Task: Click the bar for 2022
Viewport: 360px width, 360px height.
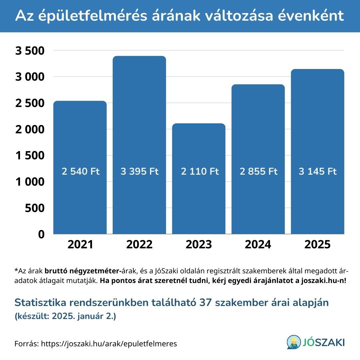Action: click(139, 133)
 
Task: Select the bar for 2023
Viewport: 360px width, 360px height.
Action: click(199, 150)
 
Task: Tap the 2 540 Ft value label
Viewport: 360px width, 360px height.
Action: click(81, 172)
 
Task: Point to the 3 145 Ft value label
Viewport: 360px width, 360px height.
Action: click(318, 172)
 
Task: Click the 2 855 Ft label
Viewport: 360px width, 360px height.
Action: click(259, 172)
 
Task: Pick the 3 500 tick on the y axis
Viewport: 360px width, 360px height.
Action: click(30, 51)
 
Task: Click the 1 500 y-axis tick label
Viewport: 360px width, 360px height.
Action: click(30, 156)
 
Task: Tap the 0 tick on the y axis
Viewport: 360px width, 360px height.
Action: click(41, 234)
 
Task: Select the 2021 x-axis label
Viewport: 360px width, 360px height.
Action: click(80, 244)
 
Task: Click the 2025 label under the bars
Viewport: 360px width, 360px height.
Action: click(317, 244)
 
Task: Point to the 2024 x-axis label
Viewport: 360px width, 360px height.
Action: click(258, 244)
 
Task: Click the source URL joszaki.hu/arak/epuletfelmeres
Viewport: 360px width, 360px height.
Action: click(109, 344)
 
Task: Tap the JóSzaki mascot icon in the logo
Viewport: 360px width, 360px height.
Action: click(293, 342)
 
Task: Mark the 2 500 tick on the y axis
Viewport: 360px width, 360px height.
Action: click(30, 103)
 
